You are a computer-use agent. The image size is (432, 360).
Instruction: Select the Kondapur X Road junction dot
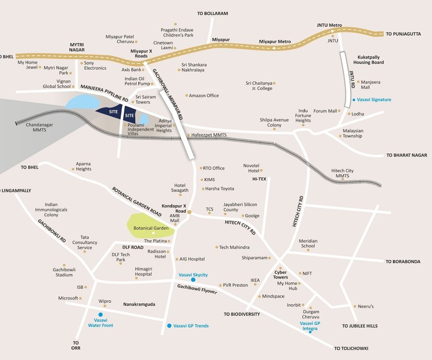(189, 212)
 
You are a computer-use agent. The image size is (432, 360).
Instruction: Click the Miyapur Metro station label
(275, 42)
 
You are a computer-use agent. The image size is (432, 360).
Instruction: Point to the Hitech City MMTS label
(342, 173)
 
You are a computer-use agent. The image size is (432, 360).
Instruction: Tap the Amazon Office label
(204, 96)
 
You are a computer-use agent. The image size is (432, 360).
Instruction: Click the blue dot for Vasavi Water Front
(100, 315)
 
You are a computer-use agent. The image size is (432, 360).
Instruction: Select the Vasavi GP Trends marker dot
(169, 325)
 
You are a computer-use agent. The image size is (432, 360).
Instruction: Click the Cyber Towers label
(280, 274)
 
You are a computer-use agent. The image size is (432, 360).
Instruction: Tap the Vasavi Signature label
(374, 100)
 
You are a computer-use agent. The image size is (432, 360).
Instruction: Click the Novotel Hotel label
(251, 168)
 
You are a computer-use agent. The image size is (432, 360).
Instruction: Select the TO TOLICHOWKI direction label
(351, 348)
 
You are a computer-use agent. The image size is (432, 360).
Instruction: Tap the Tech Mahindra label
(234, 247)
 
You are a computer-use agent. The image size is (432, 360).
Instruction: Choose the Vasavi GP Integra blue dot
(310, 332)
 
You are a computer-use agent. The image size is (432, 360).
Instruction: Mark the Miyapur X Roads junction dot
(145, 63)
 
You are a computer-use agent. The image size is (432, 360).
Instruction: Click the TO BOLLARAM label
(212, 14)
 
